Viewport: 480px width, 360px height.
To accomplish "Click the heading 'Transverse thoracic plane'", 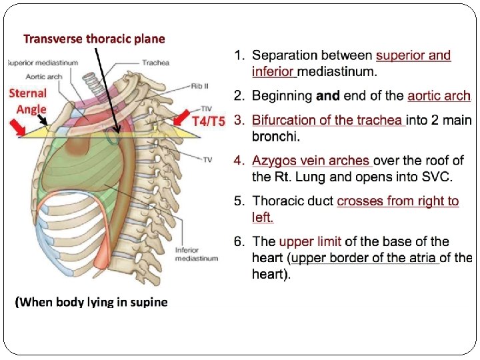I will (x=94, y=39).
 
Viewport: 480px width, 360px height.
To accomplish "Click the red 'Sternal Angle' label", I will (x=28, y=101).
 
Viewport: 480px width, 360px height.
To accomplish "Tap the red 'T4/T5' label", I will (x=209, y=122).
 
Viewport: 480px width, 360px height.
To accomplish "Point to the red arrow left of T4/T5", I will (x=181, y=118).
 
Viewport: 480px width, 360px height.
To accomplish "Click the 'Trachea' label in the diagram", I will (x=155, y=63).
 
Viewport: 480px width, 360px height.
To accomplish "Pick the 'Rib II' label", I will (x=200, y=85).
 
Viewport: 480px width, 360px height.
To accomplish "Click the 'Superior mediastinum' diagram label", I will (x=43, y=63).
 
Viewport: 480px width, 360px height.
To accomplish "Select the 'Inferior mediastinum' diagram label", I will (x=196, y=254).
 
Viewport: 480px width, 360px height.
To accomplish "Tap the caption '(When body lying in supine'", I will (x=91, y=303).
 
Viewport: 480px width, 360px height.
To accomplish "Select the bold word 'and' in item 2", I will (x=328, y=96).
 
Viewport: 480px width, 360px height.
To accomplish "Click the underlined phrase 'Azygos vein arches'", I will (x=311, y=161).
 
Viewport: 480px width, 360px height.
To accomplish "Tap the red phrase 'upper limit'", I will (x=308, y=242).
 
